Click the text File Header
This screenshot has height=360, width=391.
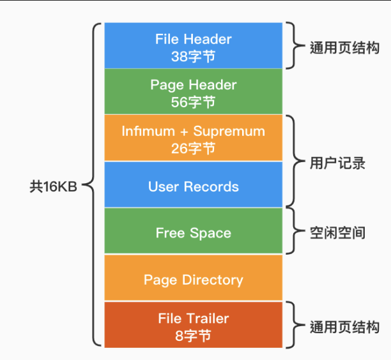click(193, 39)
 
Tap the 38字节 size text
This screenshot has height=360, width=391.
click(193, 56)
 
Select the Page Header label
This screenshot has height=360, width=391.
click(193, 85)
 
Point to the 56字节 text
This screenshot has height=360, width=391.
click(193, 101)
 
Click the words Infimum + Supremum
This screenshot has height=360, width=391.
click(193, 131)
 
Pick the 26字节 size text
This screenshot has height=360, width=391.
click(193, 148)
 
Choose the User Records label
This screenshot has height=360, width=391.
click(193, 186)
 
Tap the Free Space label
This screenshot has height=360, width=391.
click(193, 233)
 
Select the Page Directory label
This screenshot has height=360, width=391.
click(193, 280)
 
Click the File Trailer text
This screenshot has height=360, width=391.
click(193, 318)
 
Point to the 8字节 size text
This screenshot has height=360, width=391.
click(193, 334)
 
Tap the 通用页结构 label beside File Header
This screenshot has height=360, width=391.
click(344, 47)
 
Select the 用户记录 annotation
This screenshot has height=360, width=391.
click(337, 163)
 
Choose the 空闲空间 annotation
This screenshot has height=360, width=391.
click(337, 232)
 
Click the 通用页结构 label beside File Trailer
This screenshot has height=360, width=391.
click(344, 327)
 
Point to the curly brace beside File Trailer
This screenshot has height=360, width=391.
click(293, 326)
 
